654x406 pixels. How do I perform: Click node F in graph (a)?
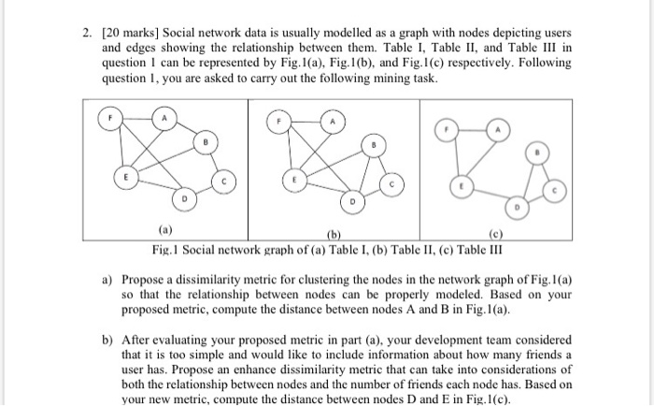pyautogui.click(x=112, y=121)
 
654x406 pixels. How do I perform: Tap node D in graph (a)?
pyautogui.click(x=185, y=199)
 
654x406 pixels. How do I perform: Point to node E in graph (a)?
pyautogui.click(x=121, y=177)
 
